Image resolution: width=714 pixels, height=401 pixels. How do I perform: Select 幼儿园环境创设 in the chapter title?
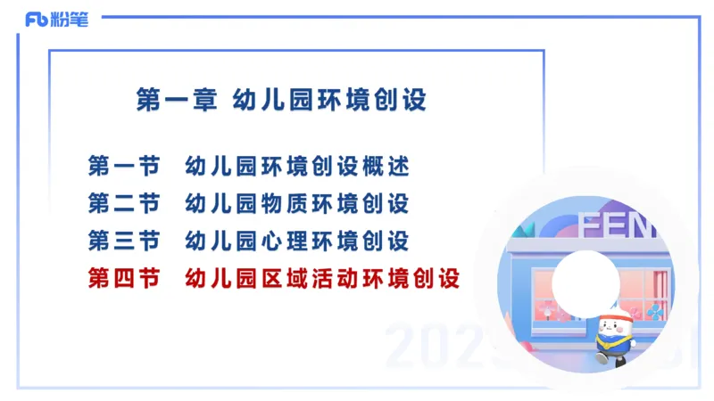pos(329,99)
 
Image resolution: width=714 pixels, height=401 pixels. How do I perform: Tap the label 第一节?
pos(124,166)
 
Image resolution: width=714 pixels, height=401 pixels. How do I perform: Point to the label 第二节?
pos(124,203)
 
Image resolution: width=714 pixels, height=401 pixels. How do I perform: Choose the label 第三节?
pos(124,241)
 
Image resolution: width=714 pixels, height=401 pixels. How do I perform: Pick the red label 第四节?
pos(124,279)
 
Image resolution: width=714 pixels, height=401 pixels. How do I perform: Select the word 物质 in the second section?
pos(275,203)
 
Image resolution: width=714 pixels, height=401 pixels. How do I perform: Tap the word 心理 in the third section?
pos(275,241)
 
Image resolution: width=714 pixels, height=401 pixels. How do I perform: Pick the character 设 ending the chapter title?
pos(416,99)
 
